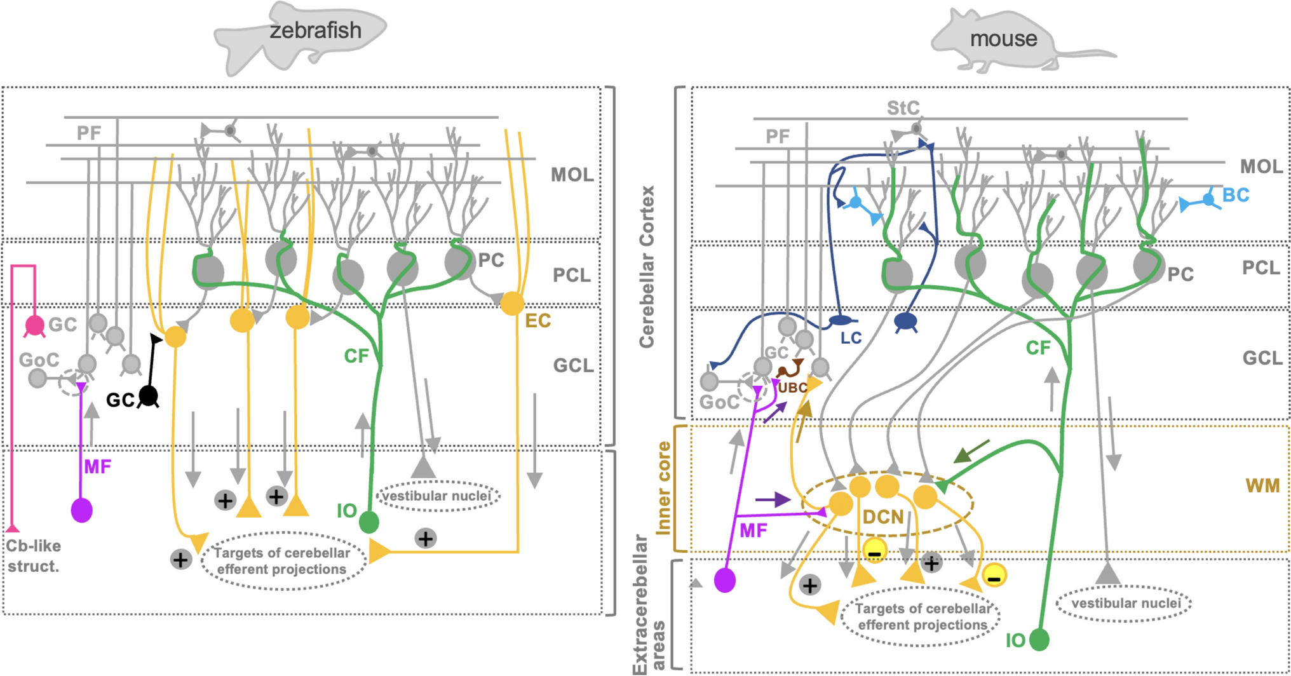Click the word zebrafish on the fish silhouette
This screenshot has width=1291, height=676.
pyautogui.click(x=315, y=30)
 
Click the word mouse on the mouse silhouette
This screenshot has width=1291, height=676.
pyautogui.click(x=1003, y=39)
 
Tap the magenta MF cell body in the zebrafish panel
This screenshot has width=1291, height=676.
pyautogui.click(x=82, y=510)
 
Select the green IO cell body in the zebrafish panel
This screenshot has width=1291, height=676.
pyautogui.click(x=369, y=522)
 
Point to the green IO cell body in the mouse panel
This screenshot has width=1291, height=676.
pyautogui.click(x=1039, y=639)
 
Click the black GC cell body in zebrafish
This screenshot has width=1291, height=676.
pyautogui.click(x=149, y=396)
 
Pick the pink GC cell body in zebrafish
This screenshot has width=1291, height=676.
pyautogui.click(x=34, y=325)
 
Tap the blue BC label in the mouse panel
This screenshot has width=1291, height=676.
pyautogui.click(x=1236, y=195)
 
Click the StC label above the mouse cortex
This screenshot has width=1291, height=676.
pyautogui.click(x=903, y=108)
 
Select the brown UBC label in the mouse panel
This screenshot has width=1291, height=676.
pyautogui.click(x=792, y=388)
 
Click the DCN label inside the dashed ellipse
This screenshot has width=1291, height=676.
pyautogui.click(x=883, y=517)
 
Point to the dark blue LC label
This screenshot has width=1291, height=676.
pyautogui.click(x=851, y=338)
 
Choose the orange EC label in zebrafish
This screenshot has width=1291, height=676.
pyautogui.click(x=537, y=321)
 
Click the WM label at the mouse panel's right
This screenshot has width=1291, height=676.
pyautogui.click(x=1262, y=486)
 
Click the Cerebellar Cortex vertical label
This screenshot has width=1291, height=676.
pyautogui.click(x=647, y=267)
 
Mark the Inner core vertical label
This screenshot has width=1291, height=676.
pyautogui.click(x=663, y=488)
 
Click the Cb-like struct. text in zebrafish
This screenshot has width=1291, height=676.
pyautogui.click(x=33, y=556)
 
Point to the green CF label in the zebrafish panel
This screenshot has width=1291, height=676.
pyautogui.click(x=356, y=356)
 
